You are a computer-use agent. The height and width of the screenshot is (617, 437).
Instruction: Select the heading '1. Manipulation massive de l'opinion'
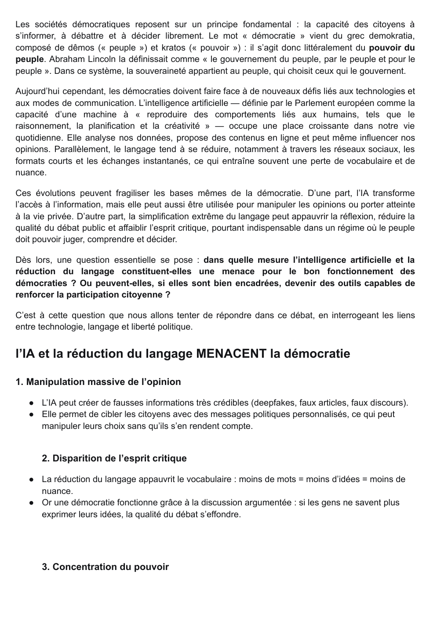tap(98, 382)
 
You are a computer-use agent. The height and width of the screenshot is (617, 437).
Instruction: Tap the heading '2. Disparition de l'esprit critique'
tap(114, 458)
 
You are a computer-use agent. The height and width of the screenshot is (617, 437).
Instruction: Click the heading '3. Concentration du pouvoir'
tap(106, 567)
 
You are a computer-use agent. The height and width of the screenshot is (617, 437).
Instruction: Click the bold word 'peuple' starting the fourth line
tap(29, 59)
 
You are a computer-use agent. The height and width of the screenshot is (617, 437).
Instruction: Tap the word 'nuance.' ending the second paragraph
tap(31, 173)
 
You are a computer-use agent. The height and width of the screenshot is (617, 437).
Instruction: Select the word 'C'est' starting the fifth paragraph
tap(25, 316)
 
